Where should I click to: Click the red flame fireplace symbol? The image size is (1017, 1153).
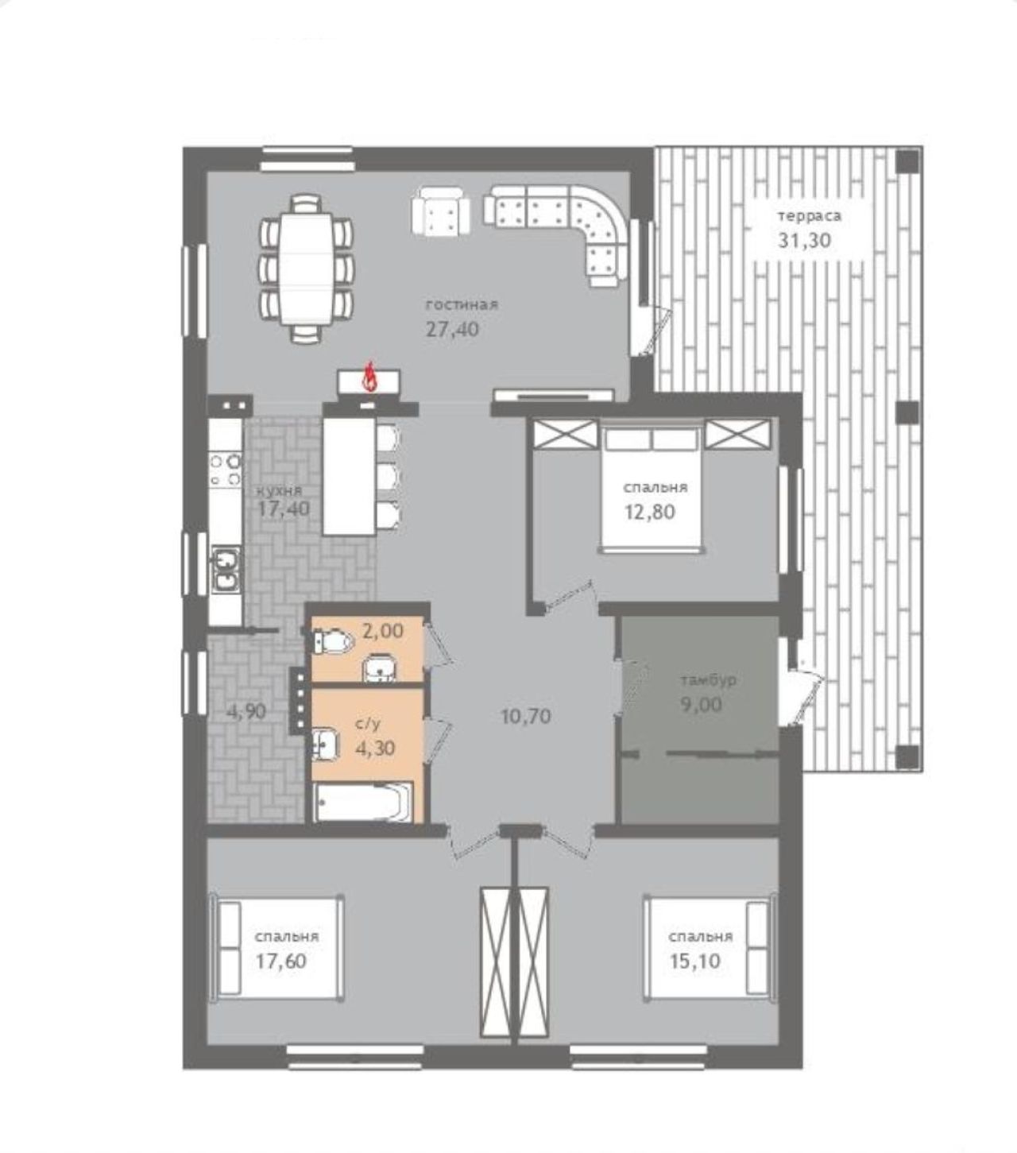click(x=370, y=376)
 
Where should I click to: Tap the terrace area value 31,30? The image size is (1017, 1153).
click(x=804, y=241)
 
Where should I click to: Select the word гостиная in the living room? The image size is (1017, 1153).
click(x=462, y=304)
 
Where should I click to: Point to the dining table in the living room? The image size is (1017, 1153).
click(x=306, y=268)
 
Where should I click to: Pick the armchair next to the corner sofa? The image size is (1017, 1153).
click(x=440, y=210)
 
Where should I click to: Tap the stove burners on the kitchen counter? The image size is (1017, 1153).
click(x=226, y=468)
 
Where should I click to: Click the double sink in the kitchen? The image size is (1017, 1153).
click(x=226, y=570)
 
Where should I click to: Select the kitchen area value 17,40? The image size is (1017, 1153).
click(x=284, y=509)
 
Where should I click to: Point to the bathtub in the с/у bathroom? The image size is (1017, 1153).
click(x=364, y=803)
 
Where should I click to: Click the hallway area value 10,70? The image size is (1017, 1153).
click(x=526, y=717)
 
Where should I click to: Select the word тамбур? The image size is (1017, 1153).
click(x=709, y=681)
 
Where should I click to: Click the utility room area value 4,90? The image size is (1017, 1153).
click(x=246, y=711)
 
